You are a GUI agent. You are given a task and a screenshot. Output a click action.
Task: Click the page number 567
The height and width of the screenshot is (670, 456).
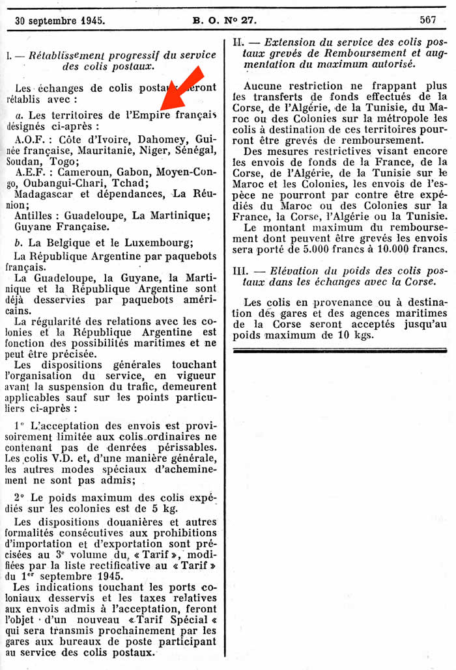[x=428, y=20]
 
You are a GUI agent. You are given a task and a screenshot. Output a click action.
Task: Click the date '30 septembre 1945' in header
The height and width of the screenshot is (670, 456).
[x=60, y=20]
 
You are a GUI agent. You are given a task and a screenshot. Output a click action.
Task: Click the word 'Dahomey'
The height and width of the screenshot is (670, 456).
[x=151, y=139]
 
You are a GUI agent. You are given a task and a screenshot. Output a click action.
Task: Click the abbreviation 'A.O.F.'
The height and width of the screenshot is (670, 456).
[x=29, y=139]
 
